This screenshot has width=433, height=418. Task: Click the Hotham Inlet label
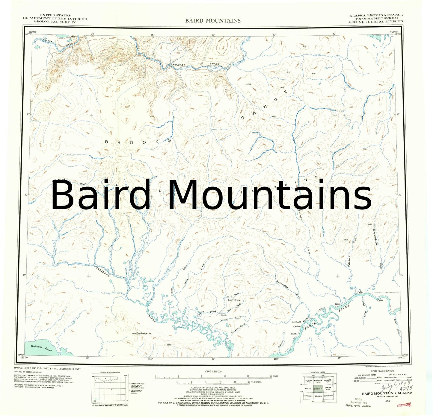tap(41, 348)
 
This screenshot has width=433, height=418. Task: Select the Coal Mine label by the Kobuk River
tap(296, 322)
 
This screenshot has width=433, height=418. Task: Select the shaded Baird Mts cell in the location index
tap(318, 389)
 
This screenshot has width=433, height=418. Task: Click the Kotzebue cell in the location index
tap(308, 396)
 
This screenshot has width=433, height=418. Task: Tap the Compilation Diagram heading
tap(110, 372)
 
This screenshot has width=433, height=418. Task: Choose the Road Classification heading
tap(382, 371)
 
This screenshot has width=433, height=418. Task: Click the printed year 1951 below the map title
tap(387, 401)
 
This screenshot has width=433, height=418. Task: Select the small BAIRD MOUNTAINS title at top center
tap(213, 21)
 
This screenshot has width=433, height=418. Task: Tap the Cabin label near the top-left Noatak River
tap(73, 37)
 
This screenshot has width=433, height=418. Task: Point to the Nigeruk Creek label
tap(363, 310)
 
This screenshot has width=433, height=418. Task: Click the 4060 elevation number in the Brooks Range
tap(281, 88)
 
